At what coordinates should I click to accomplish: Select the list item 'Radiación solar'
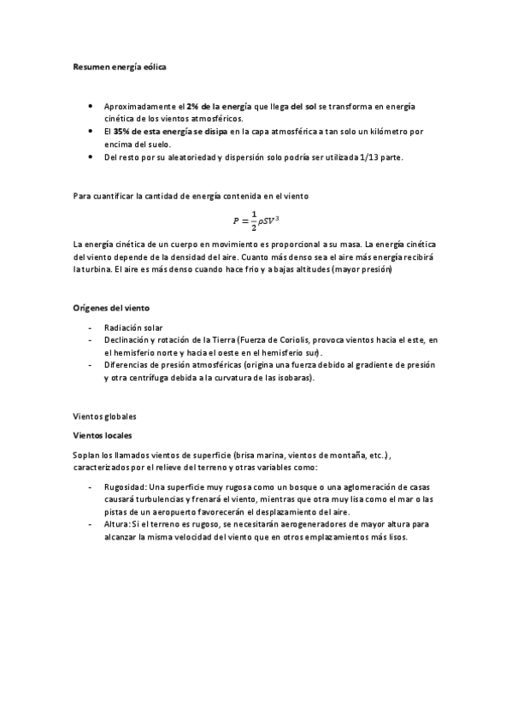tap(133, 327)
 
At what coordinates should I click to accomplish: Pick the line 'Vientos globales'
tap(105, 416)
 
